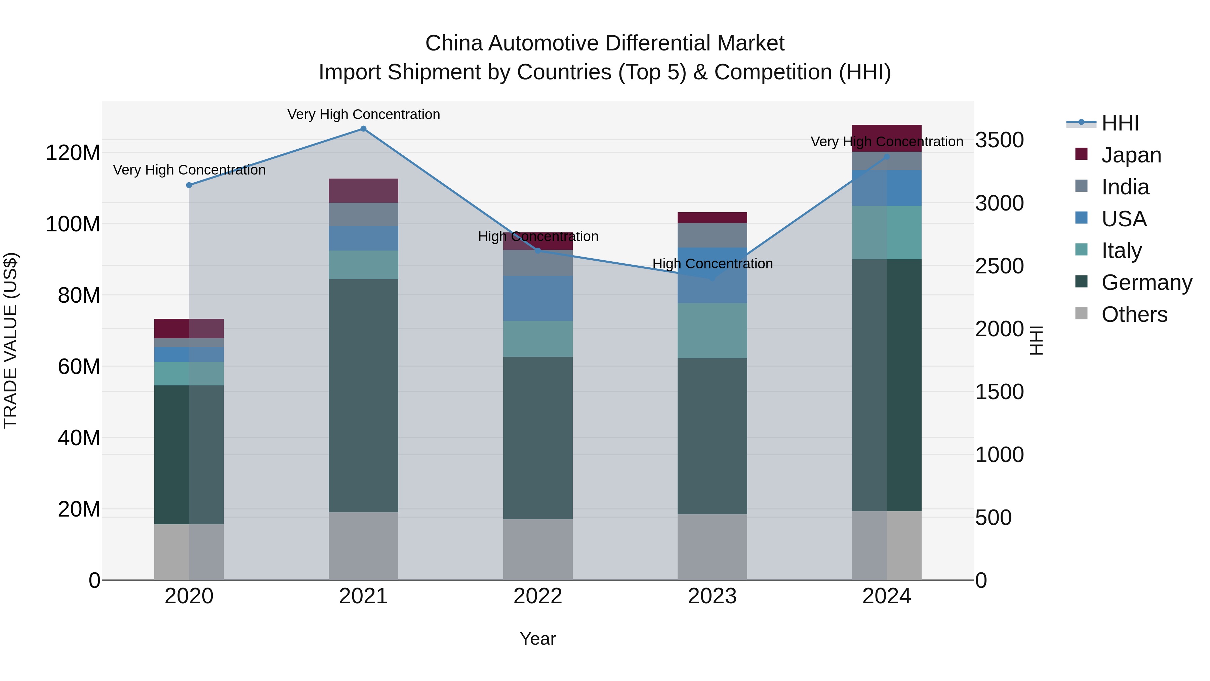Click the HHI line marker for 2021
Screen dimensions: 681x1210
point(363,129)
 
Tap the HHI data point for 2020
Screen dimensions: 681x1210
point(189,185)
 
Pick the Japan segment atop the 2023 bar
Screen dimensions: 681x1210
point(712,218)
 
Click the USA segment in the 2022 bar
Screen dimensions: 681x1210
point(538,298)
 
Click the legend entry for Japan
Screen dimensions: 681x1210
point(1131,155)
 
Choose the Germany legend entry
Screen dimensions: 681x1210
point(1146,282)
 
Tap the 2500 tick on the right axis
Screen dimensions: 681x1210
point(999,266)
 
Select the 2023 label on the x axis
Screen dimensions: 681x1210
point(712,596)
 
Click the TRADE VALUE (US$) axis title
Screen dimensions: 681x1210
point(10,340)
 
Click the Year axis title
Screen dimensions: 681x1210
point(537,639)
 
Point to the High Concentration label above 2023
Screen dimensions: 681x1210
point(712,264)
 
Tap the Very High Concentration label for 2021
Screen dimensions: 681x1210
point(363,114)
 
